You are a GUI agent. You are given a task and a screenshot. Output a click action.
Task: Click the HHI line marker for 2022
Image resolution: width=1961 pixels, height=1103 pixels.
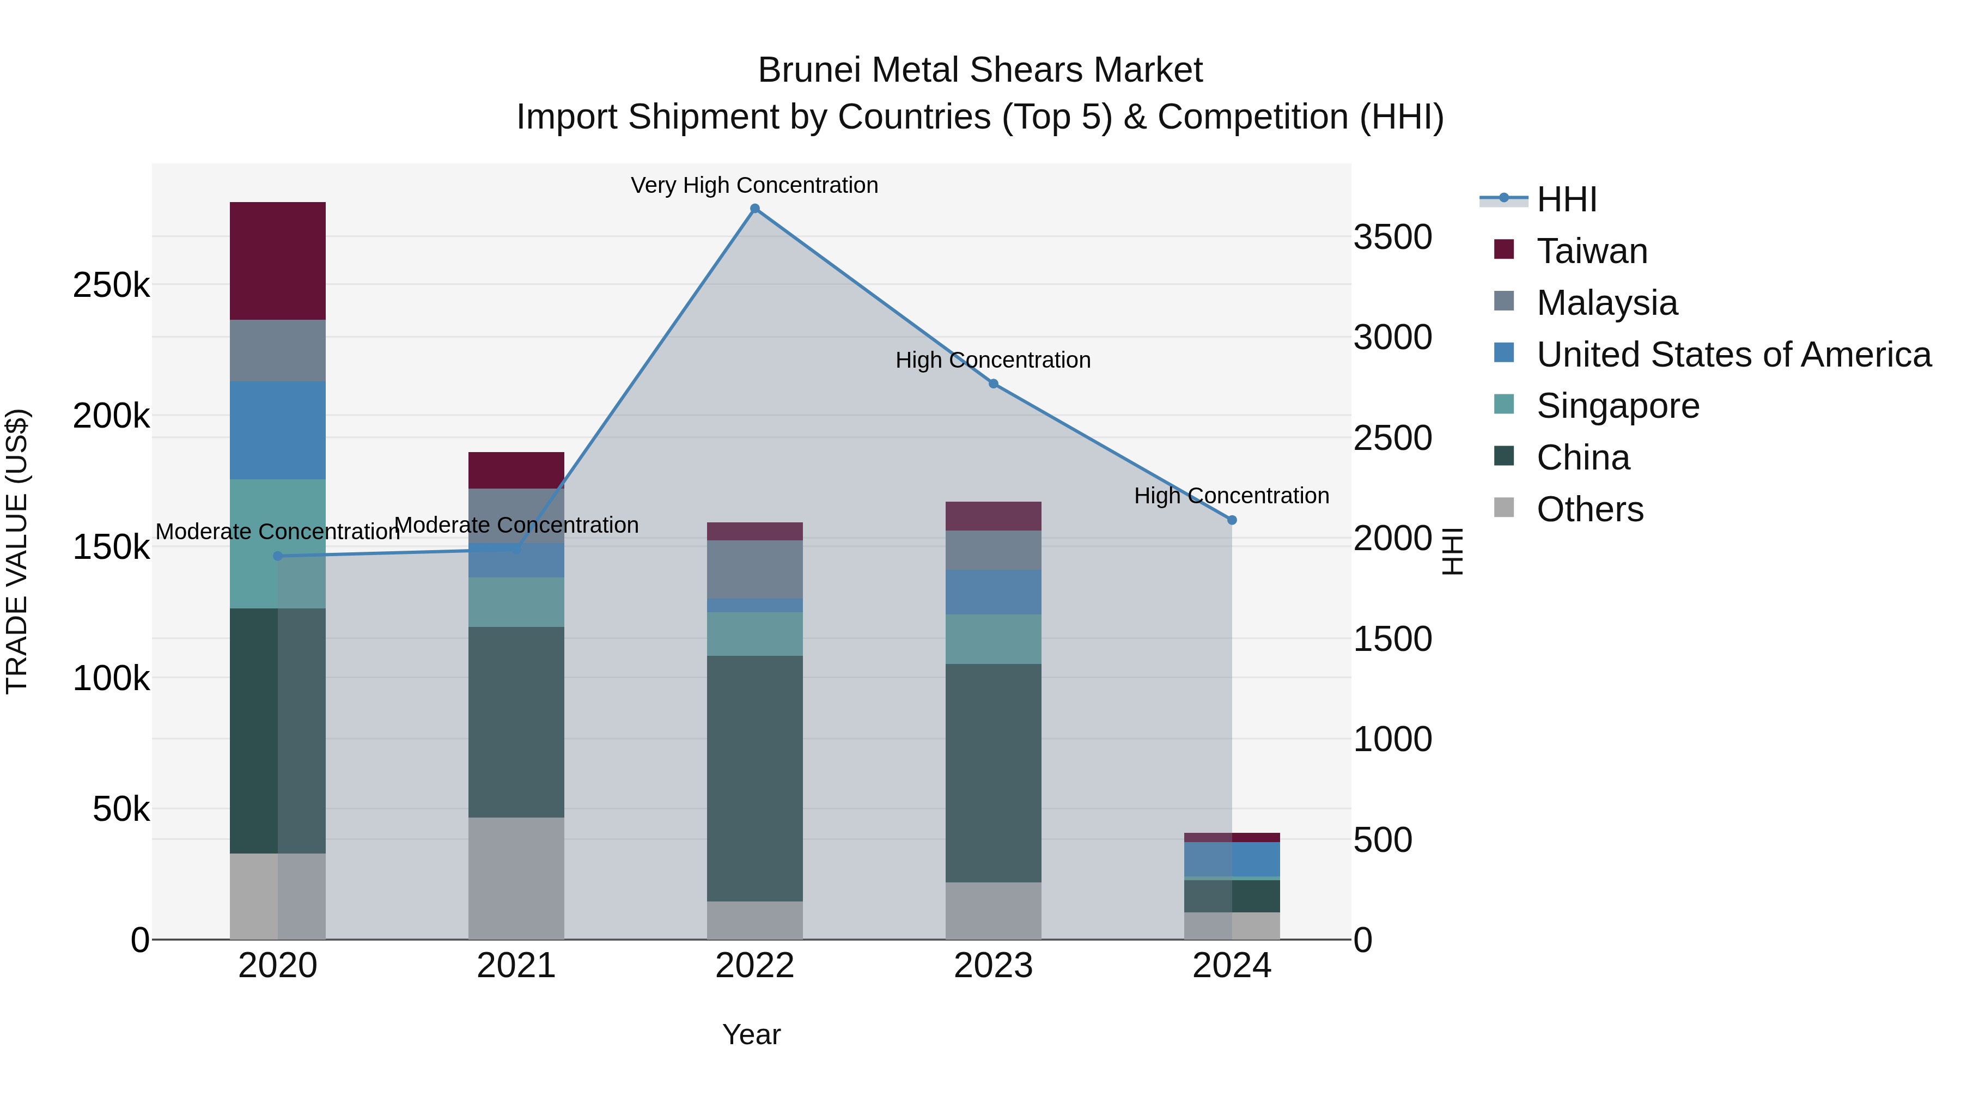pos(754,209)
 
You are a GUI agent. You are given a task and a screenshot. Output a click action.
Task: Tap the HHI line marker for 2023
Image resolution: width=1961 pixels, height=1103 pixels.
pos(994,383)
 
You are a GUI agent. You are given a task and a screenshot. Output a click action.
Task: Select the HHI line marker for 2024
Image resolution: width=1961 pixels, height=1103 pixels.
pos(1232,520)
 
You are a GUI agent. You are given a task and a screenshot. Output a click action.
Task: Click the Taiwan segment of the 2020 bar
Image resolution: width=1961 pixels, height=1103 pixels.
pos(277,260)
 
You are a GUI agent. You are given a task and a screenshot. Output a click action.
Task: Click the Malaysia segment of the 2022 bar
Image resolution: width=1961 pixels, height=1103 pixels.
pos(754,569)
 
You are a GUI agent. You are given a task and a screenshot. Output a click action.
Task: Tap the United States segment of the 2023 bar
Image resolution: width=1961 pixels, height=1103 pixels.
pos(994,592)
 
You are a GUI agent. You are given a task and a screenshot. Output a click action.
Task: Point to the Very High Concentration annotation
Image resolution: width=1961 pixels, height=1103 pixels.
pos(754,185)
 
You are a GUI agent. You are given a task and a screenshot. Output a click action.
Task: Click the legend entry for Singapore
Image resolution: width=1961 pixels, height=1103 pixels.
pos(1618,406)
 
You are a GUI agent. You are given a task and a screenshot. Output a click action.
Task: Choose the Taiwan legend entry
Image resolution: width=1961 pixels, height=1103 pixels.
pos(1592,251)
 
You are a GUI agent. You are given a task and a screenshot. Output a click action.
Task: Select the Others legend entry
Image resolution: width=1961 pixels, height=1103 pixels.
pos(1589,509)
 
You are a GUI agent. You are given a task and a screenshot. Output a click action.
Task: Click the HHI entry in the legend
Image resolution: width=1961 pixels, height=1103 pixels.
pos(1567,199)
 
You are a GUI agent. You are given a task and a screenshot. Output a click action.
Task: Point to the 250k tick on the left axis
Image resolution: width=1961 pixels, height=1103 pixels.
pos(111,285)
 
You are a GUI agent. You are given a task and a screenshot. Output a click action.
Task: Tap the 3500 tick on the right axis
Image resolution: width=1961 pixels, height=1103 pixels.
pos(1392,237)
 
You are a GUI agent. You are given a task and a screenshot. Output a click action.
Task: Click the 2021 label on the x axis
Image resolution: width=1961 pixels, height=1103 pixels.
pos(516,966)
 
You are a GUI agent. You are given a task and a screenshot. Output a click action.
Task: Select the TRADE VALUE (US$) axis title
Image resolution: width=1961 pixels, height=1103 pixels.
pos(17,551)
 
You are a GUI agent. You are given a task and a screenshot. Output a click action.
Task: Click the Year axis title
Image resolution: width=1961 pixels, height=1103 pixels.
pos(751,1034)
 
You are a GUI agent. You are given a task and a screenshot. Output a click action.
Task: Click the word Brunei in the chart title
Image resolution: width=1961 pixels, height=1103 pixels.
pos(809,70)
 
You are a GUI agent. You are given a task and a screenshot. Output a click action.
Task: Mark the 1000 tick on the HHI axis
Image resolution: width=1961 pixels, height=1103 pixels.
pos(1392,739)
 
